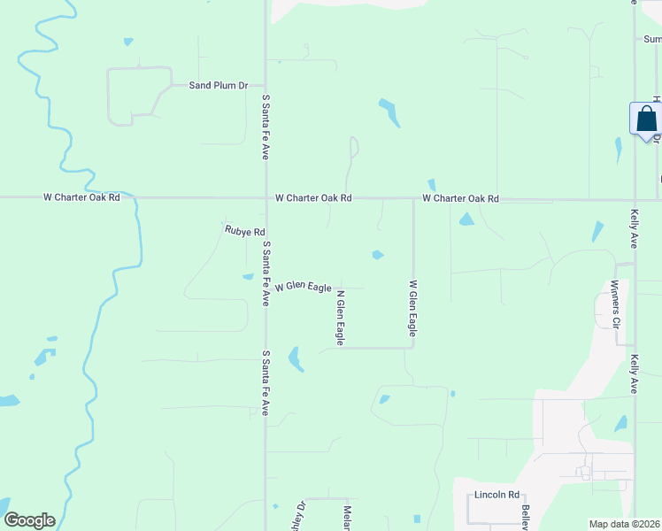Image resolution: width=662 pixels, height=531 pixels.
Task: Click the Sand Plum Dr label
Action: pos(218,86)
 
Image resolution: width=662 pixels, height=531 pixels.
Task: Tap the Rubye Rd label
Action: pos(245,232)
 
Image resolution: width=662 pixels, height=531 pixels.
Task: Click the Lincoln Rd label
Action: pos(496,495)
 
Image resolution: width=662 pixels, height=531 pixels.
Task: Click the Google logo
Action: pos(30,520)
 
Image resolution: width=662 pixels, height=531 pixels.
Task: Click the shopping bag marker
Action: pos(646,119)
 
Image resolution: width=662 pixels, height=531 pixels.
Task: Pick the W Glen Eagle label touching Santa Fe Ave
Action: pos(303,288)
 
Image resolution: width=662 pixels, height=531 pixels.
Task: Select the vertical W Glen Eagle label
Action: pos(412,309)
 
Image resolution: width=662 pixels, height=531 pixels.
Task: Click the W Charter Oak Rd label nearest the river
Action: pos(81,199)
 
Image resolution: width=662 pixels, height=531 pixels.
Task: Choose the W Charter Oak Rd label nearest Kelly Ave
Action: pos(460,199)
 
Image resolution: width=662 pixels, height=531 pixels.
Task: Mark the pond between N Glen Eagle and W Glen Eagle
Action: pos(378,255)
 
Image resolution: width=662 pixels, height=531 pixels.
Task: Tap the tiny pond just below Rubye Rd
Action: pos(249,276)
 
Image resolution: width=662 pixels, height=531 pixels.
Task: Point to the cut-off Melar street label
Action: pos(348,519)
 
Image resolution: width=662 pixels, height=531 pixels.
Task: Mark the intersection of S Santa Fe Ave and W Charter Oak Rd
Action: pos(266,198)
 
